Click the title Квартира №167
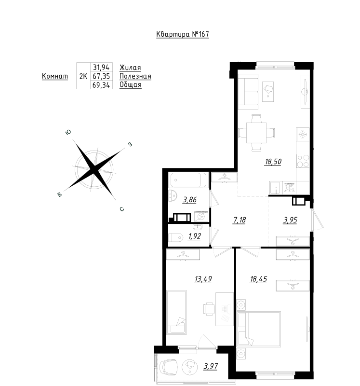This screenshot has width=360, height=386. (x=183, y=34)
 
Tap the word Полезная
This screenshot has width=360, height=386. (x=135, y=77)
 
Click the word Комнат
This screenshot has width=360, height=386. (x=55, y=77)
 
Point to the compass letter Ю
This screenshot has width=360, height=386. (x=69, y=132)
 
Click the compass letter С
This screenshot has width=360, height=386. (x=122, y=209)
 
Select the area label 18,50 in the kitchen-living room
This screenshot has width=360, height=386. (x=272, y=162)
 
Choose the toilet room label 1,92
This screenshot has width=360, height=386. (x=194, y=236)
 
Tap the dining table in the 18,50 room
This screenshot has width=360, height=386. (x=256, y=131)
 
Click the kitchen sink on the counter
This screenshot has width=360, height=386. (x=275, y=186)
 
